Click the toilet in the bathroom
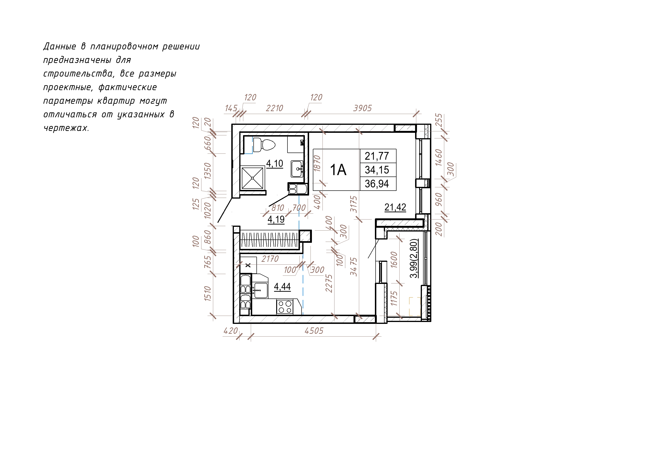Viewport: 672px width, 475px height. point(264,145)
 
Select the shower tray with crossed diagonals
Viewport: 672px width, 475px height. point(252,178)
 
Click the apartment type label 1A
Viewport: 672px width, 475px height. point(338,170)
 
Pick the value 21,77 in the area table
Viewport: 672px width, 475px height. point(377,156)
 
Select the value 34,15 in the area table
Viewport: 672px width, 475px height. point(377,170)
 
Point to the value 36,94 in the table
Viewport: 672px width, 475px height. point(377,184)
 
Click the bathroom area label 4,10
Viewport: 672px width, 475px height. point(275,163)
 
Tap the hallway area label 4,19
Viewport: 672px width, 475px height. point(276,219)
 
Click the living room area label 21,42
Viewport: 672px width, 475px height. point(395,207)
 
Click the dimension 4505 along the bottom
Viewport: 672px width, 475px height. point(314,331)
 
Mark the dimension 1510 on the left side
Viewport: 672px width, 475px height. point(208,294)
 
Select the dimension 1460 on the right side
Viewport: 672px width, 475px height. point(438,157)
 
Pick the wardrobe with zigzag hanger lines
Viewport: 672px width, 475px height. point(269,240)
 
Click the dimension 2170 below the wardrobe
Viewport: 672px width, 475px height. point(270,259)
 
